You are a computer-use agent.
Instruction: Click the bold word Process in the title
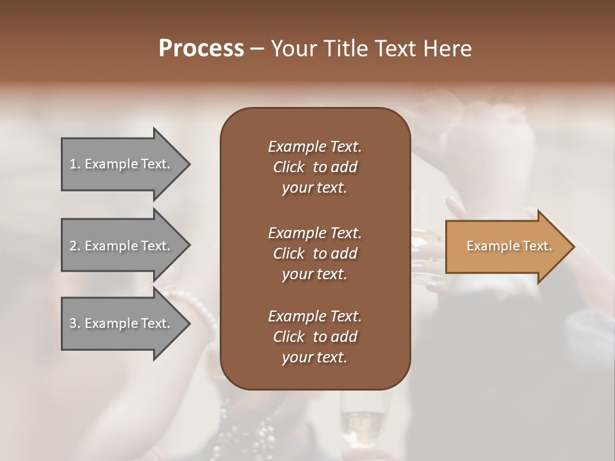point(201,49)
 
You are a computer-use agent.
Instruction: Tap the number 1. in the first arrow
point(75,164)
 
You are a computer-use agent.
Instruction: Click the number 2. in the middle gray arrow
point(75,246)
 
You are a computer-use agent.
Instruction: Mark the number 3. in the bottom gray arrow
point(75,323)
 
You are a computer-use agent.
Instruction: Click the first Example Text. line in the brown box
point(315,147)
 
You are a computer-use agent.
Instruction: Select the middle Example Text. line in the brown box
point(315,233)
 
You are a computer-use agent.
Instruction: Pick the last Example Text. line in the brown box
point(315,316)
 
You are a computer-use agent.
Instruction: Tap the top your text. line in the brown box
point(314,188)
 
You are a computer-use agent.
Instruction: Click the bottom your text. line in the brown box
point(314,358)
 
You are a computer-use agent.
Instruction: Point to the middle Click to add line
point(315,254)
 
